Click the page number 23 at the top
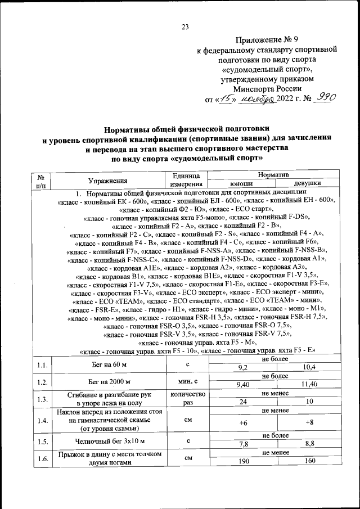pyautogui.click(x=185, y=27)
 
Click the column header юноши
pyautogui.click(x=242, y=184)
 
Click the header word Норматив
pyautogui.click(x=274, y=176)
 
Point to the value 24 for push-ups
pyautogui.click(x=244, y=402)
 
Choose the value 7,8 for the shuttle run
pyautogui.click(x=244, y=444)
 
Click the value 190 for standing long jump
pyautogui.click(x=244, y=462)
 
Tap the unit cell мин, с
pyautogui.click(x=187, y=382)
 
